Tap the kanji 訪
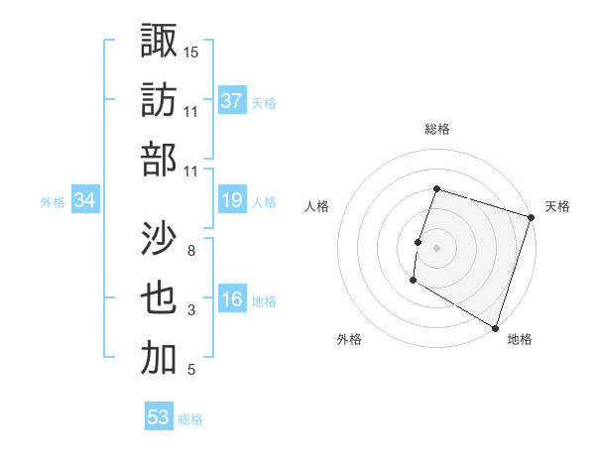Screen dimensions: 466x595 [x=159, y=99]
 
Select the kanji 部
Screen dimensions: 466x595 [x=159, y=159]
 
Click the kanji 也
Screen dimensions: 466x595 [x=159, y=298]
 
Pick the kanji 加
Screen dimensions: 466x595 [x=159, y=358]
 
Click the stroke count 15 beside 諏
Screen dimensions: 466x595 [x=191, y=52]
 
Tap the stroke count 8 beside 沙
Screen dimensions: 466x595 [x=191, y=251]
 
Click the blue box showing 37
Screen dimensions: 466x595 [x=231, y=101]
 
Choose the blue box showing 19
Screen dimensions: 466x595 [x=231, y=201]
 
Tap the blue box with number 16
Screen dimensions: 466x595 [x=231, y=300]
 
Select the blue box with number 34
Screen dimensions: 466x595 [x=84, y=201]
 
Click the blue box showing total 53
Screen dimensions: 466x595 [x=159, y=417]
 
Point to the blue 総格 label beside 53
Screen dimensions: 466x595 [x=191, y=419]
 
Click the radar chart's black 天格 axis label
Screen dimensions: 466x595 [x=557, y=206]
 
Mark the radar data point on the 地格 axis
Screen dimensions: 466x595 [x=494, y=327]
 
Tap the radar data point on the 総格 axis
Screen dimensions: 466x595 [x=436, y=188]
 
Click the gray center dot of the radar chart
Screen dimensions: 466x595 [x=436, y=247]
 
